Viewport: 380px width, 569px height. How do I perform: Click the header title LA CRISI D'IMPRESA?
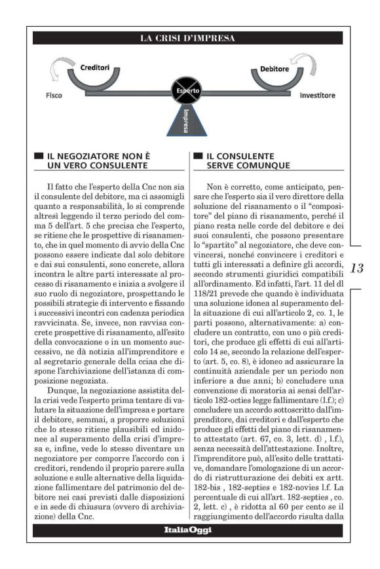coord(187,39)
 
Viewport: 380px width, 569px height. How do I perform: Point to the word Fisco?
coord(54,95)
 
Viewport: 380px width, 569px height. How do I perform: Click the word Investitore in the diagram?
coord(317,95)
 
